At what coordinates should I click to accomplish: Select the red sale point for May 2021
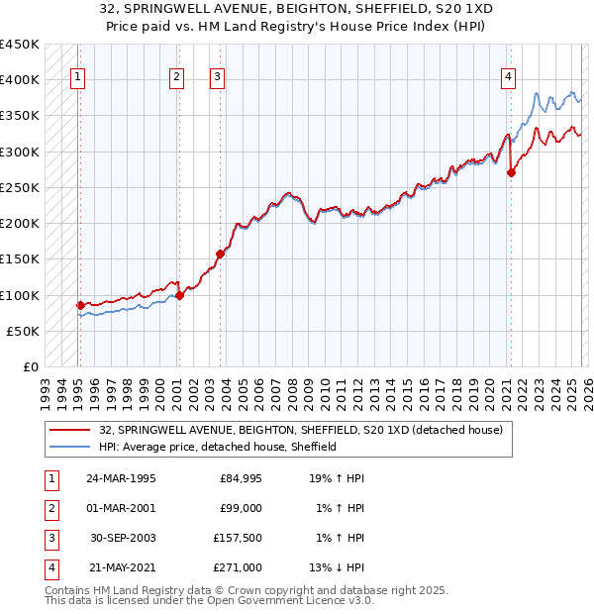click(x=511, y=172)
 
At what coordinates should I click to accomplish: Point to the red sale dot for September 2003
click(x=221, y=254)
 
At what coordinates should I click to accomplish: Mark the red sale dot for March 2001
click(x=179, y=295)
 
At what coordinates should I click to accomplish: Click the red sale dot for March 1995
click(x=81, y=305)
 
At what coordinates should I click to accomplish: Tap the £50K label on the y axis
click(x=23, y=331)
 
